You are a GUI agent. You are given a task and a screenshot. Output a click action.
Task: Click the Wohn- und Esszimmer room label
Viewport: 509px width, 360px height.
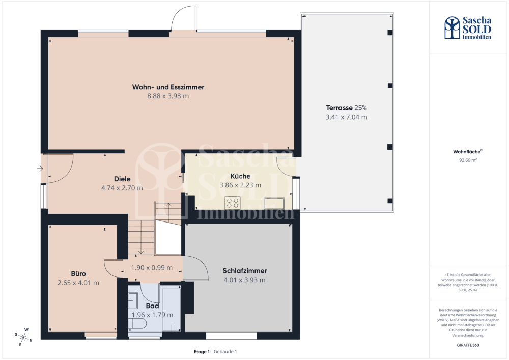[168, 87]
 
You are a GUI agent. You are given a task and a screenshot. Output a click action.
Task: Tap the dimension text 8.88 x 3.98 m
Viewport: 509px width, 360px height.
[168, 96]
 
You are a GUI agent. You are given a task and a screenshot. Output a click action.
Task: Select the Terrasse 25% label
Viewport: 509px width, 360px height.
[346, 108]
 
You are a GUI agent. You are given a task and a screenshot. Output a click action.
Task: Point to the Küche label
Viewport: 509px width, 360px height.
[240, 176]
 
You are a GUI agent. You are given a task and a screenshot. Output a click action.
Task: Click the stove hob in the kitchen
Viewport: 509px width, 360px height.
[233, 203]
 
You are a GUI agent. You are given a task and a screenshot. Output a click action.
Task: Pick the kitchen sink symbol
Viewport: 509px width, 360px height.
[274, 204]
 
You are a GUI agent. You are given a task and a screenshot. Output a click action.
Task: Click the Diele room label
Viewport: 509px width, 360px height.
[122, 179]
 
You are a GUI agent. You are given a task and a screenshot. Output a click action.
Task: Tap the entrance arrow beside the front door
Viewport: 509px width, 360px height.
[40, 168]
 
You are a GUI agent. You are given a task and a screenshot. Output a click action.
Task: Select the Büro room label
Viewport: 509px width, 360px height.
[78, 273]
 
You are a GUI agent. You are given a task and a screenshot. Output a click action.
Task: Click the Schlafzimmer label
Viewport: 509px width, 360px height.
[244, 271]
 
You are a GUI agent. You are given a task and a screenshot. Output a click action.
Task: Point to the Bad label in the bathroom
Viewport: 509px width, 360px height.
[152, 306]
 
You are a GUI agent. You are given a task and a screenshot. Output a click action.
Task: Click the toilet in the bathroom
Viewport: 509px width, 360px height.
[137, 323]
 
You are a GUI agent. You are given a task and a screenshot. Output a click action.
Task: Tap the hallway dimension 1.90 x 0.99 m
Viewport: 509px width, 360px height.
[152, 268]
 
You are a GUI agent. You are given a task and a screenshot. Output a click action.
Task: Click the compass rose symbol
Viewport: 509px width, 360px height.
[24, 337]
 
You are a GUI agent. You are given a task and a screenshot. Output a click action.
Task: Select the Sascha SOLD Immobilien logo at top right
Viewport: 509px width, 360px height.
[467, 28]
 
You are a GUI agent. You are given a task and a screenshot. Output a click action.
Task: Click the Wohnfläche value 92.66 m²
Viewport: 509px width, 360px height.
[468, 160]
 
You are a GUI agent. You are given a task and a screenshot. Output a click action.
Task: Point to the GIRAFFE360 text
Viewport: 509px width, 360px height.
[468, 345]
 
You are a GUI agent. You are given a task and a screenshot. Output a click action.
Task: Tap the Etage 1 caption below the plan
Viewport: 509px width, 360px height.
[202, 351]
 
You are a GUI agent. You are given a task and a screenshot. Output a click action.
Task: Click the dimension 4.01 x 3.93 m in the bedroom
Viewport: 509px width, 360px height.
[244, 280]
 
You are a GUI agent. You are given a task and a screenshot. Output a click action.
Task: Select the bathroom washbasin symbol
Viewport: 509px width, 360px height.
[133, 300]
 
